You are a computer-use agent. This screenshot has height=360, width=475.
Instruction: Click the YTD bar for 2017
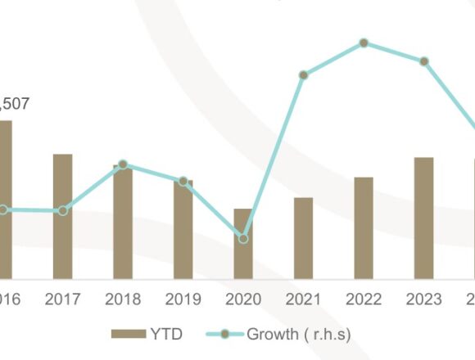point(62,217)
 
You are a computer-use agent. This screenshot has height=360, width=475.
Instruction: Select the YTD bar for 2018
point(123,223)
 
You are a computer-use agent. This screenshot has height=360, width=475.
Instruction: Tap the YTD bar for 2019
point(183,230)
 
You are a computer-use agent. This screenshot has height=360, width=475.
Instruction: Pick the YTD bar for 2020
point(243,244)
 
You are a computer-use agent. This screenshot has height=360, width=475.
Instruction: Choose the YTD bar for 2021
point(303,238)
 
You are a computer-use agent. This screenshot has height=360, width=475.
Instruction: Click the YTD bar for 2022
point(364,227)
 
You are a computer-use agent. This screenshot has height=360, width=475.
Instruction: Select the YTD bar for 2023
point(423,218)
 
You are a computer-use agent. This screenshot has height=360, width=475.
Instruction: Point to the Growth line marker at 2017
point(63,211)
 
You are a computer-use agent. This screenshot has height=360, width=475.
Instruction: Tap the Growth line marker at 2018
point(123,164)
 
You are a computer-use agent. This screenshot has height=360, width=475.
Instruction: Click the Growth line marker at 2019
point(183,181)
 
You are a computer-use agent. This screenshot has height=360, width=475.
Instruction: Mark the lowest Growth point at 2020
point(243,238)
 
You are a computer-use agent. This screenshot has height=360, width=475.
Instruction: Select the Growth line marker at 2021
point(303,74)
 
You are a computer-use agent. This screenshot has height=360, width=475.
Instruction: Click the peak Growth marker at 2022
point(364,43)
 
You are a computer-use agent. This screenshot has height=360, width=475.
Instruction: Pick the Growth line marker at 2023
point(423,61)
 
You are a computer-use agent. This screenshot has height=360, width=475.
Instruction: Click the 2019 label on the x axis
point(183,299)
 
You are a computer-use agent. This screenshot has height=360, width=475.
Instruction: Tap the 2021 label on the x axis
point(303,299)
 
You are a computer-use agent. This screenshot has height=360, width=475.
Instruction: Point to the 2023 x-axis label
point(423,299)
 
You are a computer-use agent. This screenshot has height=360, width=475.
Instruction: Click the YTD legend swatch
point(128,335)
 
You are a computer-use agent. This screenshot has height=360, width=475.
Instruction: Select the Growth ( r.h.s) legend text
point(298,335)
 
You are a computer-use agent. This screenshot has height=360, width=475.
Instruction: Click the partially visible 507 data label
point(13,104)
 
